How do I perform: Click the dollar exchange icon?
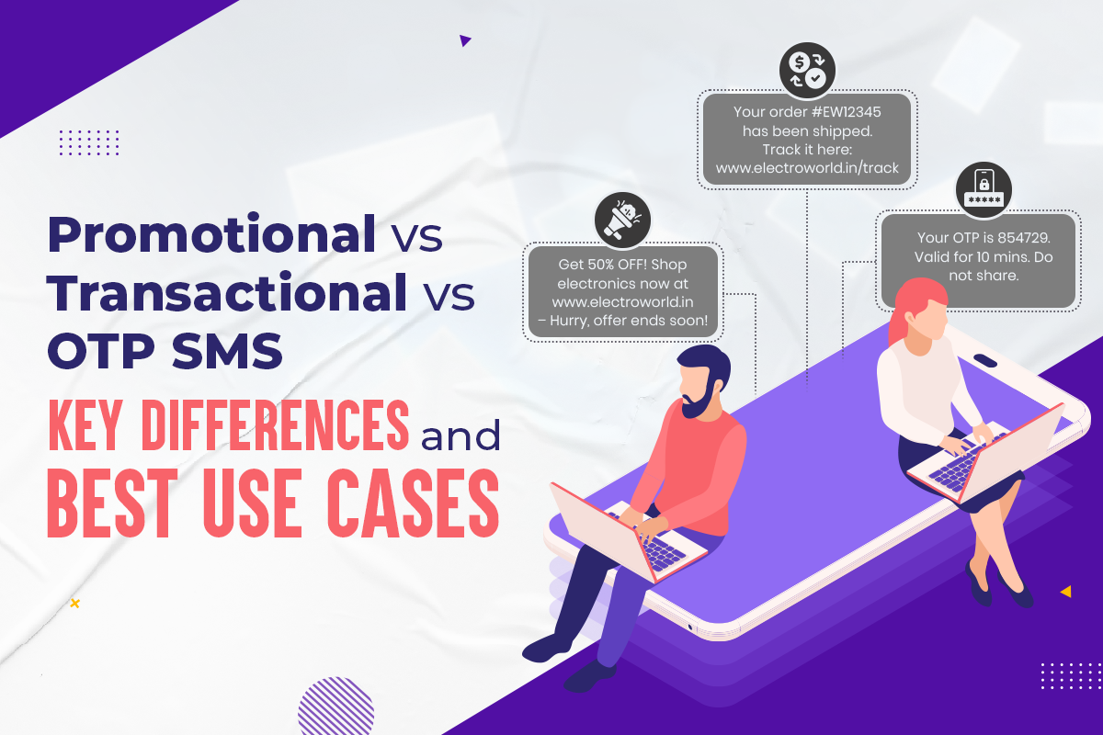click(806, 69)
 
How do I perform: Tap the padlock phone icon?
click(983, 190)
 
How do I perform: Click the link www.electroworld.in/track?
click(807, 168)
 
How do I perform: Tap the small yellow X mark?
click(74, 604)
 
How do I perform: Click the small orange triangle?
click(1065, 592)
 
